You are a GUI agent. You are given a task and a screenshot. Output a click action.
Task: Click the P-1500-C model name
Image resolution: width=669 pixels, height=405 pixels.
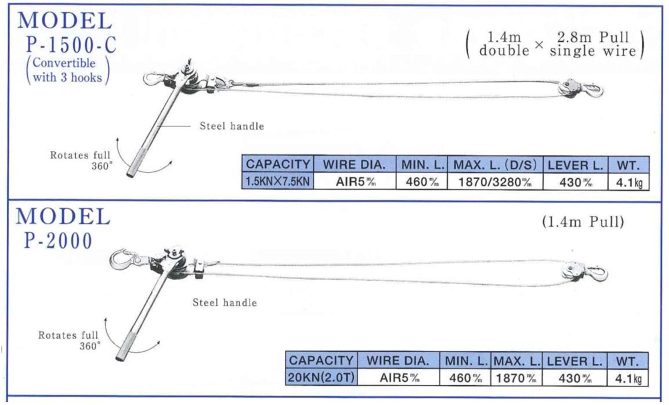(71, 45)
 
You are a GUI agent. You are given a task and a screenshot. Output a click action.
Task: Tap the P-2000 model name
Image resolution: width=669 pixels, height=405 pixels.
(59, 241)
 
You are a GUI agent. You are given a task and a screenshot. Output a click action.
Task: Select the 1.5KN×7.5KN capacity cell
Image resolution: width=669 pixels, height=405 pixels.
(278, 182)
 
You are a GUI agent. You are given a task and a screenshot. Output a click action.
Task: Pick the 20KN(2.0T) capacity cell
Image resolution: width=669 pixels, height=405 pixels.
(321, 377)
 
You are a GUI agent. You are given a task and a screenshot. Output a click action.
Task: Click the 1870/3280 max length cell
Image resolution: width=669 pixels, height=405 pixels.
(495, 182)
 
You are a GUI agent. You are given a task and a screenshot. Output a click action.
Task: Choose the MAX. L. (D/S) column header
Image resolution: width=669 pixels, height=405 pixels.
(495, 165)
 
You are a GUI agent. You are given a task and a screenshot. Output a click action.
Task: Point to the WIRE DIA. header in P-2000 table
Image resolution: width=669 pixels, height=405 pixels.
(398, 361)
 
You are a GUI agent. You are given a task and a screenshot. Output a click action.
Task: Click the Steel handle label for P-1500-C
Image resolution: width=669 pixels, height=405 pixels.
(232, 126)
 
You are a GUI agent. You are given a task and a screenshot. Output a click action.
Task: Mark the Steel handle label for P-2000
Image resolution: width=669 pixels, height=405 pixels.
(225, 302)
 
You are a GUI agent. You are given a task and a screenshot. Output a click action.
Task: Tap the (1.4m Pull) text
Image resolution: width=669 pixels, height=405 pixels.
(583, 222)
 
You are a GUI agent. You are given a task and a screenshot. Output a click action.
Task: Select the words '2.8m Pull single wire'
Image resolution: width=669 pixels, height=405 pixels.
(592, 44)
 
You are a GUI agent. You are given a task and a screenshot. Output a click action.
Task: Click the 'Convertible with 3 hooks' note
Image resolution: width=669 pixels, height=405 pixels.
(67, 70)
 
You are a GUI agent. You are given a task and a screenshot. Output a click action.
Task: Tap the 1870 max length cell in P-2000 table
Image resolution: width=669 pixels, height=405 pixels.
(516, 378)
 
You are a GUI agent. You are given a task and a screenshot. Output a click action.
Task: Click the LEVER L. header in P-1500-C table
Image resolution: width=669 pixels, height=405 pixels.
(575, 165)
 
